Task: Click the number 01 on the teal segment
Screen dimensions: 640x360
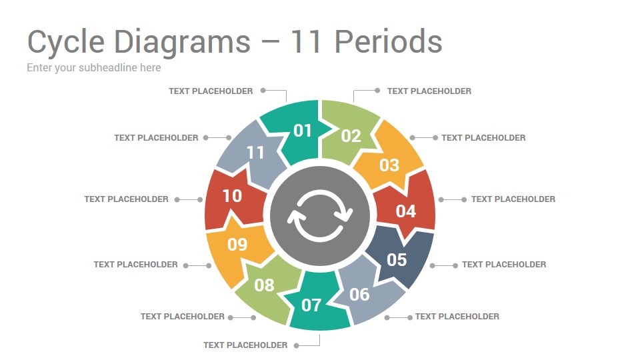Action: pos(303,131)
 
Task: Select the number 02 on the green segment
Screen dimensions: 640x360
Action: pos(351,136)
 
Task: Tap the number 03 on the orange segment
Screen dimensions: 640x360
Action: pos(389,165)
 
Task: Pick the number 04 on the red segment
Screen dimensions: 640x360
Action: pos(406,211)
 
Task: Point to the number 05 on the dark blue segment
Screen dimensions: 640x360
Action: pos(397,259)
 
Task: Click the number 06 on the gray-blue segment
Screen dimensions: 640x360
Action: pos(359,294)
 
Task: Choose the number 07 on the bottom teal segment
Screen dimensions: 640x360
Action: pos(311,305)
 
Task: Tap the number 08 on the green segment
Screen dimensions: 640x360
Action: pos(264,285)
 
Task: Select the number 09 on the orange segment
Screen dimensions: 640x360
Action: pos(237,245)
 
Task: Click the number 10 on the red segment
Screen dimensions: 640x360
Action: pos(232,196)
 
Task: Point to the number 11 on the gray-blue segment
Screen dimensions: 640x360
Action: pos(255,153)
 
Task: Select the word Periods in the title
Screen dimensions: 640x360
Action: pos(388,41)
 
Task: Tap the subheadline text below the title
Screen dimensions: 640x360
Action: pos(94,68)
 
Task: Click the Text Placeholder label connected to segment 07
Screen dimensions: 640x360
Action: pos(245,345)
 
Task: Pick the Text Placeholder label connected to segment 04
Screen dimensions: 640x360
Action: pos(513,199)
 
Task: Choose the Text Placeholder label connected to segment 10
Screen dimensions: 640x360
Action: pos(126,199)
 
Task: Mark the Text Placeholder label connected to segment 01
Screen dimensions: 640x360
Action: pos(211,91)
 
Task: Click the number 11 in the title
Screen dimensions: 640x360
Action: pos(305,41)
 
